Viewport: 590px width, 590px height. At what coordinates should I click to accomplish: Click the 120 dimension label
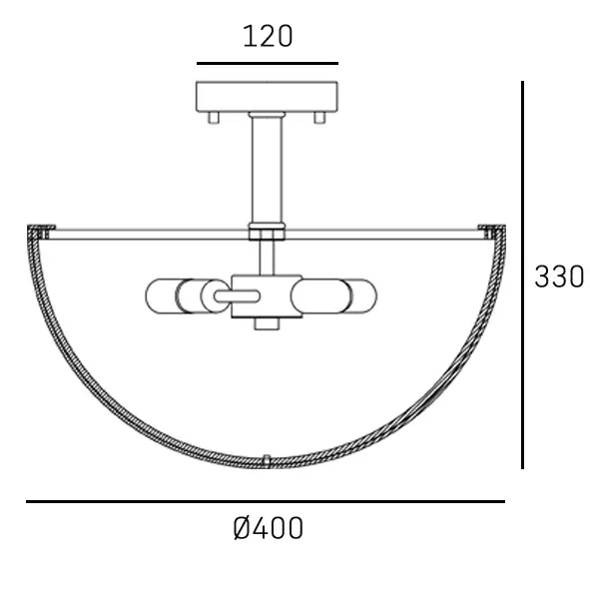(x=268, y=37)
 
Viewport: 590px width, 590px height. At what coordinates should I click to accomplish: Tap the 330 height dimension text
(x=558, y=277)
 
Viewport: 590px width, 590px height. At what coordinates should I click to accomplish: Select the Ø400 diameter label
(x=268, y=528)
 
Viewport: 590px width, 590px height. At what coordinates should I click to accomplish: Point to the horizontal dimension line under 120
(x=268, y=64)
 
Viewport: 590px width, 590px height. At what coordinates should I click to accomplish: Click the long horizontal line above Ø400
(x=265, y=501)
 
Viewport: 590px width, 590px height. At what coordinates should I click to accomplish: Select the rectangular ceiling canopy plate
(x=268, y=96)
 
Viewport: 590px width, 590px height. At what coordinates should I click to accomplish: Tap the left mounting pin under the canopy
(x=213, y=118)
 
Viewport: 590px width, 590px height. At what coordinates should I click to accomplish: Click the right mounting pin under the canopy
(x=319, y=118)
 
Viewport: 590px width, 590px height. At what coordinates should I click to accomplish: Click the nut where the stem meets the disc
(x=267, y=233)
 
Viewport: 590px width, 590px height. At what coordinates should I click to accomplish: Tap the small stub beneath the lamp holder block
(x=267, y=323)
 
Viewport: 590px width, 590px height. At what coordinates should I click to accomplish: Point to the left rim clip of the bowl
(x=37, y=233)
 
